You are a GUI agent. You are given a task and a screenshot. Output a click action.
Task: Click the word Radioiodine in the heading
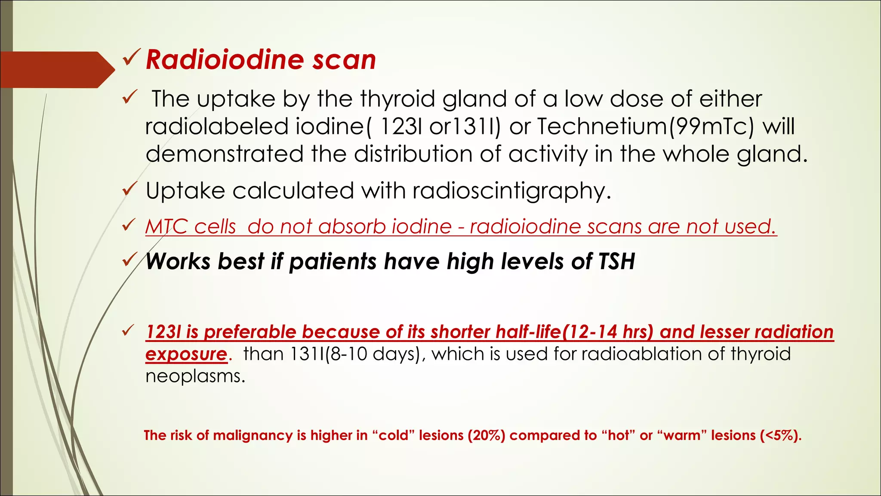tap(224, 59)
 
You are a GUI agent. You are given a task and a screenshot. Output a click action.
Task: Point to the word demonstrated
tap(224, 154)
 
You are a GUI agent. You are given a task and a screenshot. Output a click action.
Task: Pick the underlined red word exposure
tap(186, 354)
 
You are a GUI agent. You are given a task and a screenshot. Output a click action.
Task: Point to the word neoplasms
tap(195, 376)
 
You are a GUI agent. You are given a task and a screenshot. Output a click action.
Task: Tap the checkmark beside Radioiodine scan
tap(131, 58)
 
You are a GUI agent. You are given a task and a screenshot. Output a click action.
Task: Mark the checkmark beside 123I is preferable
tap(129, 331)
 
